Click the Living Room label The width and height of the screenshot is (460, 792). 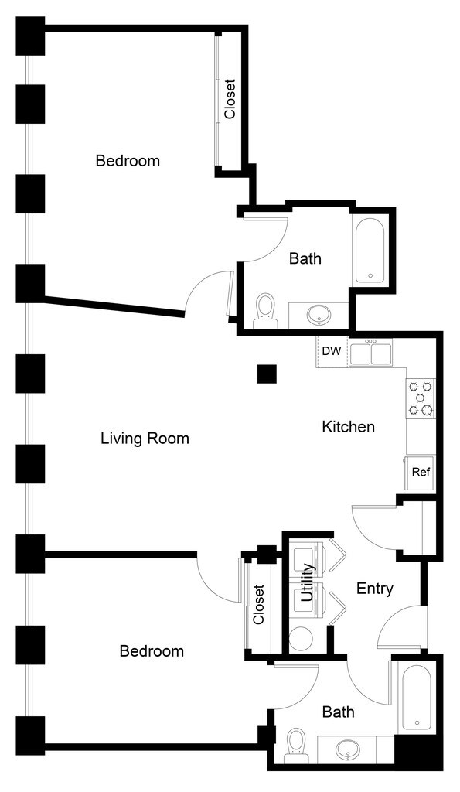pos(145,438)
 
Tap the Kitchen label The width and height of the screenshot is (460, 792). pos(349,427)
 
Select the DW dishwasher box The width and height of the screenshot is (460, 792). pos(332,352)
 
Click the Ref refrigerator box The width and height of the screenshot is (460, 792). pos(421,473)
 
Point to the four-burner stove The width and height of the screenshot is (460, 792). pos(421,398)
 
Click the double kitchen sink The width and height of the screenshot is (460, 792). pos(371,353)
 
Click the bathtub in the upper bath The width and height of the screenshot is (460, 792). pos(370,251)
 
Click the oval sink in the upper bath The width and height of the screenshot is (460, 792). pos(319,316)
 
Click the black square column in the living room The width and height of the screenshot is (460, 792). pos(267,374)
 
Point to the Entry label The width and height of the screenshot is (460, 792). pos(375,589)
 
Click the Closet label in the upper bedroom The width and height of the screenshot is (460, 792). pos(230,99)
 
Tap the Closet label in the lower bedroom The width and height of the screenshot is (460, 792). pos(258,605)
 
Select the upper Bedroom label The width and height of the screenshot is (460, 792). pos(128,161)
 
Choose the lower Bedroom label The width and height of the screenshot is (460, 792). pos(152,651)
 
